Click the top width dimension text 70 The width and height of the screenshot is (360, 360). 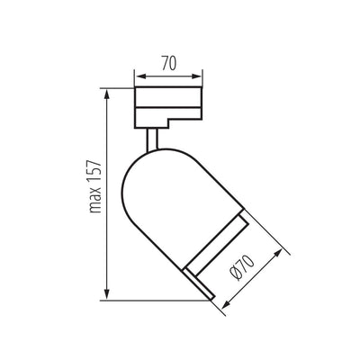[x=169, y=63]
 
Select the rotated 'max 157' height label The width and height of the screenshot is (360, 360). [x=95, y=186]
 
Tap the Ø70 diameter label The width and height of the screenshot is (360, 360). [x=241, y=267]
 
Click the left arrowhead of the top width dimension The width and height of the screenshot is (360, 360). [x=140, y=76]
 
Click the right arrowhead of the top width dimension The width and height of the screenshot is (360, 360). [x=196, y=76]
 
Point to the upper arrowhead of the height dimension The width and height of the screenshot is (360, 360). [x=107, y=94]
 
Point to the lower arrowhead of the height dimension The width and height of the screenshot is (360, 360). [x=107, y=294]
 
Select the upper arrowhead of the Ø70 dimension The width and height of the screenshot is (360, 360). [x=278, y=254]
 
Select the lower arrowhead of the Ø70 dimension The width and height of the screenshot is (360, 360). [x=226, y=303]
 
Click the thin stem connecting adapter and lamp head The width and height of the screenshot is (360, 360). [x=152, y=139]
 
